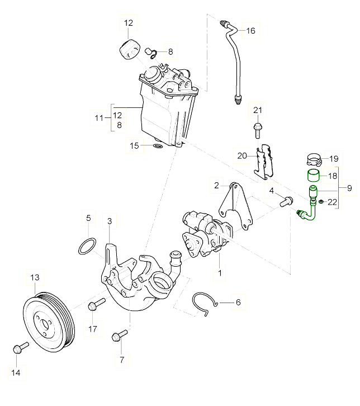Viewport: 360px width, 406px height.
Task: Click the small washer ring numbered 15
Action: click(158, 147)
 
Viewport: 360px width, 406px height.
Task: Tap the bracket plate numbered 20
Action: click(263, 159)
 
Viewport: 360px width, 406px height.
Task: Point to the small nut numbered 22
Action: click(321, 201)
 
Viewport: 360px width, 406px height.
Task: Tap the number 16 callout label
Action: click(250, 31)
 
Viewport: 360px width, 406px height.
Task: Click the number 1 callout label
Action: click(220, 273)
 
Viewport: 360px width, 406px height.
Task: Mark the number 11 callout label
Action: click(100, 118)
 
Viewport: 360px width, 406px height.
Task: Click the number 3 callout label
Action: click(109, 221)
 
